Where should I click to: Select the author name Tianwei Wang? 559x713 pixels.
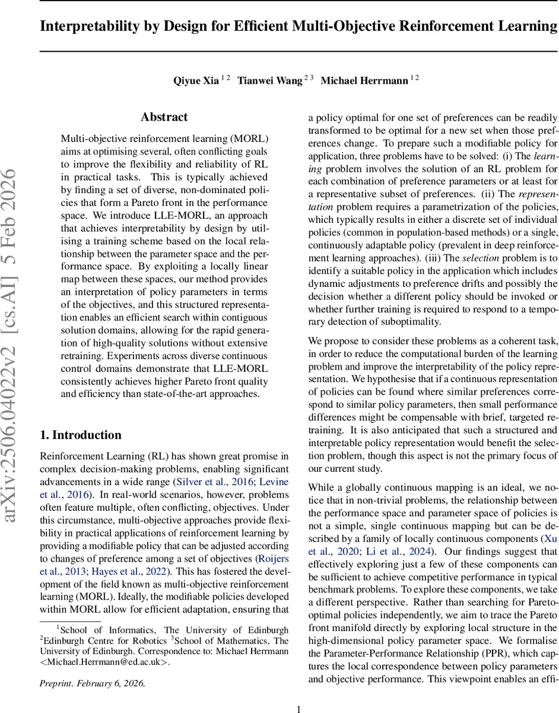point(270,81)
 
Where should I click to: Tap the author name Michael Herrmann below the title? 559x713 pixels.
point(364,81)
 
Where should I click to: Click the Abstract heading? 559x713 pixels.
point(164,117)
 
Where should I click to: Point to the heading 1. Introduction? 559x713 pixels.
point(80,435)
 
